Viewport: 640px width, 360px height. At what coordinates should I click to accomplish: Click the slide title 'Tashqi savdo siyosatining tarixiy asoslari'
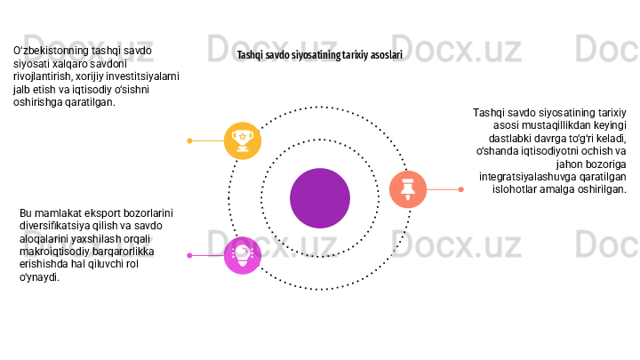point(319,55)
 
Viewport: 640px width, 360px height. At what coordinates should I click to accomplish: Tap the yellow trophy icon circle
point(242,140)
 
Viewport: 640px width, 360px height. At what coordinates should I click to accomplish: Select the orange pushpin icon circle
point(407,188)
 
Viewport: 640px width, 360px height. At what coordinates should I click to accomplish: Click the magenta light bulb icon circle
point(242,255)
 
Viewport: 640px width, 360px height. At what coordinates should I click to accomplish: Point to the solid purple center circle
point(320,197)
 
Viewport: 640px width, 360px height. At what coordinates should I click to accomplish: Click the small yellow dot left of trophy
point(190,140)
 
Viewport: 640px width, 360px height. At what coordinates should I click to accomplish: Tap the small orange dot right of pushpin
point(460,188)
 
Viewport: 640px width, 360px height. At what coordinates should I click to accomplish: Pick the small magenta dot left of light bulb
point(190,255)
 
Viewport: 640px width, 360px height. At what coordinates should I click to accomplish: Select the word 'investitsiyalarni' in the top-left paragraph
point(143,76)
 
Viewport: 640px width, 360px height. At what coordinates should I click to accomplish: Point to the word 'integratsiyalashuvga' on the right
point(529,176)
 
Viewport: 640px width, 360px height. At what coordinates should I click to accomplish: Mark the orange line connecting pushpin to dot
point(443,188)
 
